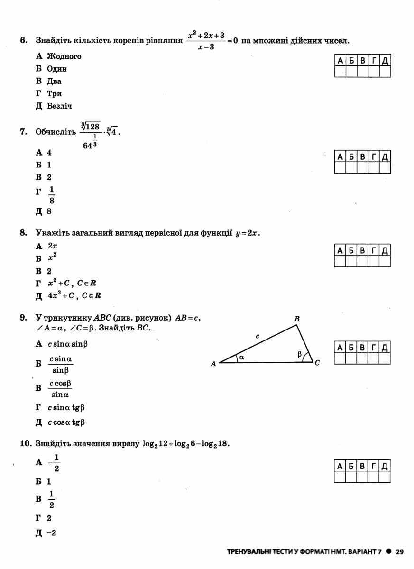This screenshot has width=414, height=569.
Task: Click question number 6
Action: coord(23,41)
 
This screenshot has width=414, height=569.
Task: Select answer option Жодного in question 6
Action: coord(64,56)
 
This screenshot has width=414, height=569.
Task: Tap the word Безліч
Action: coord(59,106)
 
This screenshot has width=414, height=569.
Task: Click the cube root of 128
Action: coord(91,126)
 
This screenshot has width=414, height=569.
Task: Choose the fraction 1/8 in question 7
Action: coord(52,195)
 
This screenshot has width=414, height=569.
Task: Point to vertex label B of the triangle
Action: coord(297,320)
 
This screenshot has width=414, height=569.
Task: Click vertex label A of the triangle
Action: coord(213,364)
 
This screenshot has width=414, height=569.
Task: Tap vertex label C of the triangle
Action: coord(317,363)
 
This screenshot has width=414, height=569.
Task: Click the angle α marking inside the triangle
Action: coord(241,358)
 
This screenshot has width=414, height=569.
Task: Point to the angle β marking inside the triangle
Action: coord(299,354)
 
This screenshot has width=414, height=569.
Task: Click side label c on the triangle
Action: coord(258,336)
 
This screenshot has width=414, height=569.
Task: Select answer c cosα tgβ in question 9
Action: coord(66,422)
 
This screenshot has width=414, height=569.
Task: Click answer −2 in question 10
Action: coord(52,533)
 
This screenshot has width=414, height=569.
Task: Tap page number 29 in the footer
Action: coord(399,552)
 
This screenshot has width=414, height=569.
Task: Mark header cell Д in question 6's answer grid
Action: coord(385,60)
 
